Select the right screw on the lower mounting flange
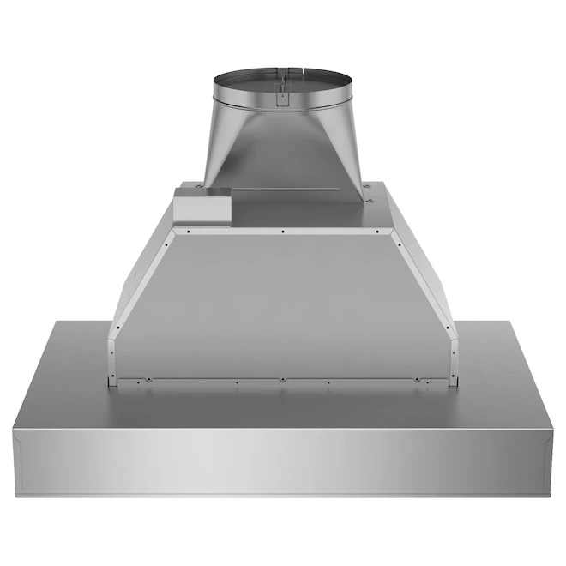coord(417,379)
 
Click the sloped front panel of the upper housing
coord(282,300)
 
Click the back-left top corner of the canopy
coord(57,323)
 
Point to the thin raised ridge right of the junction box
coord(296,190)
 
